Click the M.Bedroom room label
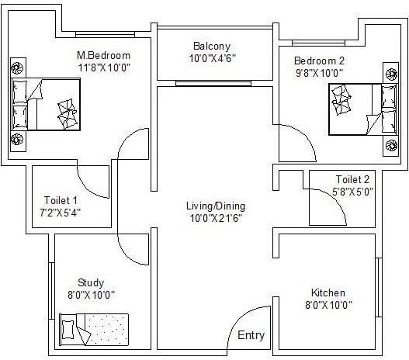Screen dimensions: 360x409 (102, 56)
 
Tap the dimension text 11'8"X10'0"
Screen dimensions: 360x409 (102, 69)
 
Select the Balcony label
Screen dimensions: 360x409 (212, 46)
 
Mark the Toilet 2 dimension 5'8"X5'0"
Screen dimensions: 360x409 (352, 192)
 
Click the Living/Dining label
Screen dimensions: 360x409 (215, 206)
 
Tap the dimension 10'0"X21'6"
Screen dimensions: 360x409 (215, 219)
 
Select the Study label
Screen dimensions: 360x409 (90, 282)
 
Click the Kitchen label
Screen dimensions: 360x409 (328, 292)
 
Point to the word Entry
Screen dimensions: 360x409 (250, 336)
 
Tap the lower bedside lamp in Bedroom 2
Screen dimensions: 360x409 (390, 144)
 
